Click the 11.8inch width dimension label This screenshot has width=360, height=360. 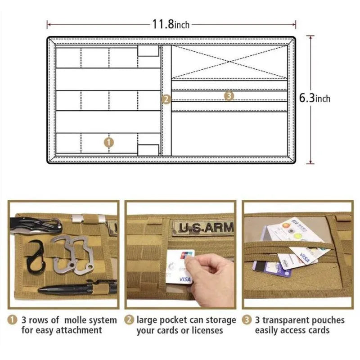tap(171, 24)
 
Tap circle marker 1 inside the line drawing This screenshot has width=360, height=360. tap(109, 142)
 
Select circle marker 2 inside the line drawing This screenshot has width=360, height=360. tap(166, 99)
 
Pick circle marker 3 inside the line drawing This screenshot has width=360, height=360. tap(229, 95)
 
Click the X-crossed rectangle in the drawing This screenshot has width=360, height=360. tap(230, 62)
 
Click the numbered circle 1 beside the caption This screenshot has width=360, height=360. tap(12, 320)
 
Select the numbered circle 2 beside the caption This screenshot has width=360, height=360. tap(129, 320)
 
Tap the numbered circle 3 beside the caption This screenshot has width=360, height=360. tap(247, 320)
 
